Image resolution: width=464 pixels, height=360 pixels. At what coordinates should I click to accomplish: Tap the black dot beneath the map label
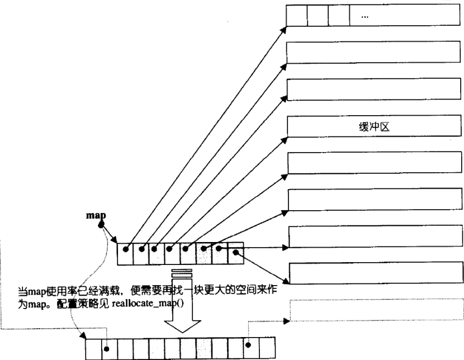(102, 225)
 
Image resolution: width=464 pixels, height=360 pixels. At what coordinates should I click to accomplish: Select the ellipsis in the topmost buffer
(364, 16)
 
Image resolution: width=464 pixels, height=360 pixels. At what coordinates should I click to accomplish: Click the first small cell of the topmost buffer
(296, 16)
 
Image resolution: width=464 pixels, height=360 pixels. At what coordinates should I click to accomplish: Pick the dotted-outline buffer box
(375, 309)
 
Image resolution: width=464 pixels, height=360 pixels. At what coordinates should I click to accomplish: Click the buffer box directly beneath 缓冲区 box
(375, 162)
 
